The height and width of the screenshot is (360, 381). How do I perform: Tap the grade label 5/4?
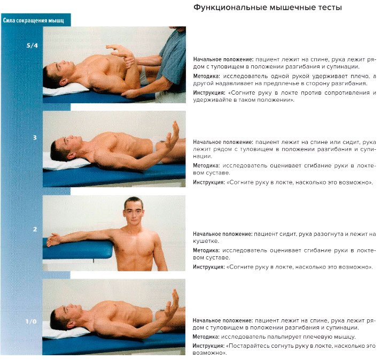tap(32, 45)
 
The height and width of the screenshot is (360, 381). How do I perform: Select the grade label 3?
tap(35, 137)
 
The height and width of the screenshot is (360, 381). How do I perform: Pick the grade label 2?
tap(35, 229)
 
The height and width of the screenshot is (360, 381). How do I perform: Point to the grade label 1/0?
tap(31, 321)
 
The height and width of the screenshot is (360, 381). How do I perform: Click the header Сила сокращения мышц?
tap(33, 21)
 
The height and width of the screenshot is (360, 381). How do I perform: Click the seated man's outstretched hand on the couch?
tap(54, 240)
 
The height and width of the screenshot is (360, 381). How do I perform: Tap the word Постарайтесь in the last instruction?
tap(250, 347)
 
